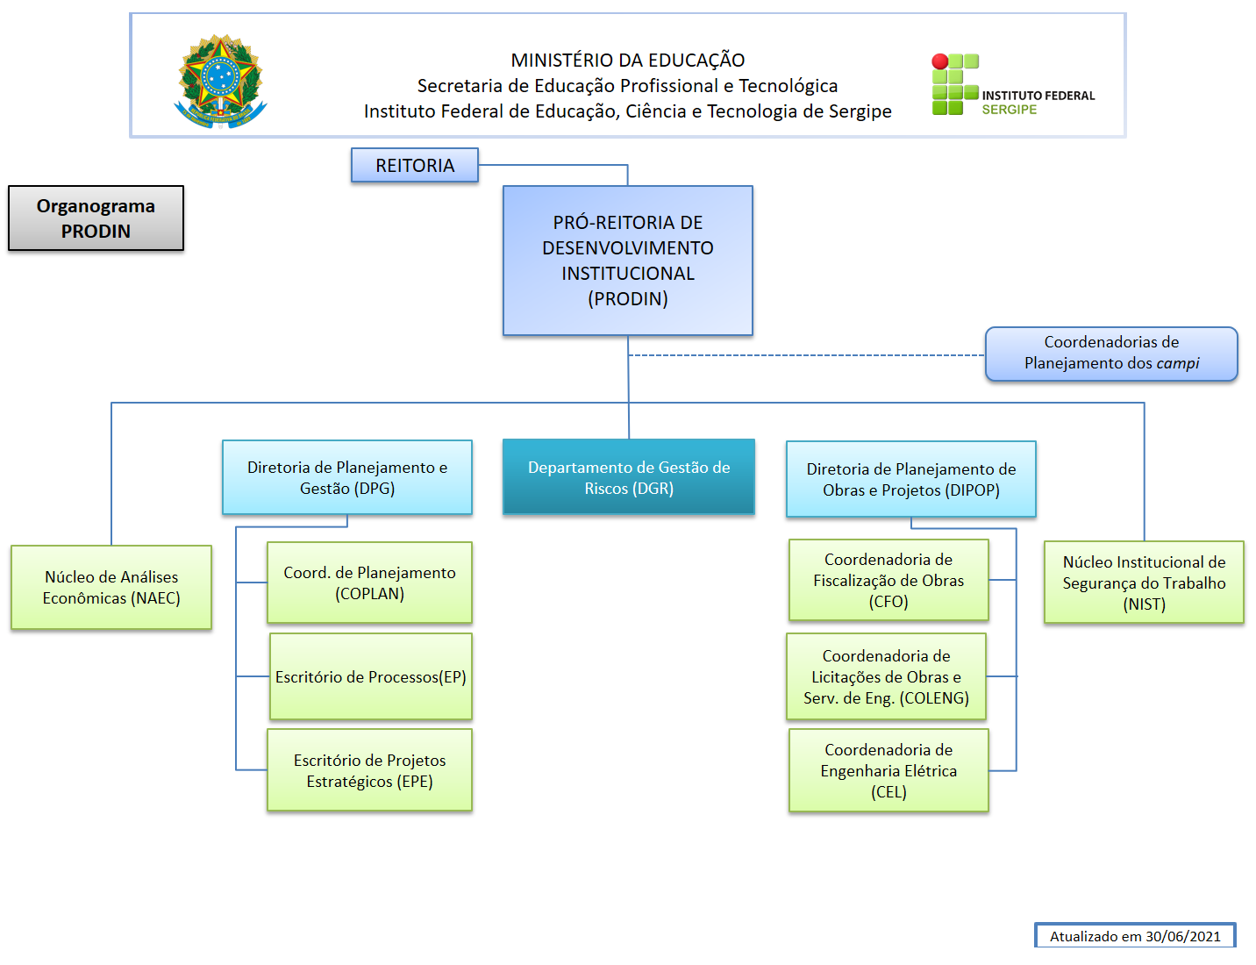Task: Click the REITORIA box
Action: pyautogui.click(x=415, y=165)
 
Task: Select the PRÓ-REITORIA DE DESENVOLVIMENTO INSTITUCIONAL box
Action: pyautogui.click(x=627, y=261)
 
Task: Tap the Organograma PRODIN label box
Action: pyautogui.click(x=96, y=218)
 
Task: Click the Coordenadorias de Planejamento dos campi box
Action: pyautogui.click(x=1111, y=354)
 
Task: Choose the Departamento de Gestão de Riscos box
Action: pyautogui.click(x=628, y=477)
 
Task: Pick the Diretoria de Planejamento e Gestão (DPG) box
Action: pyautogui.click(x=347, y=477)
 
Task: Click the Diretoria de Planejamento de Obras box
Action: pyautogui.click(x=910, y=479)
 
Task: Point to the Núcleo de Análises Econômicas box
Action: pyautogui.click(x=111, y=587)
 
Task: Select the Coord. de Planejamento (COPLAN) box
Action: pyautogui.click(x=369, y=583)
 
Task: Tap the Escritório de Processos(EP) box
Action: pyautogui.click(x=370, y=676)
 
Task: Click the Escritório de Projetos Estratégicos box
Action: pyautogui.click(x=369, y=770)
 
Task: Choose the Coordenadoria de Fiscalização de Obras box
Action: pyautogui.click(x=888, y=580)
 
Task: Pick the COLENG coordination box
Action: pyautogui.click(x=886, y=676)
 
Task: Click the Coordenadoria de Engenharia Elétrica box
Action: pyautogui.click(x=888, y=770)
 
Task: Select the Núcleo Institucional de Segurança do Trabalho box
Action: pyautogui.click(x=1144, y=583)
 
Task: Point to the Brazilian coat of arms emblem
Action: pyautogui.click(x=220, y=81)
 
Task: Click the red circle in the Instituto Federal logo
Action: pyautogui.click(x=939, y=61)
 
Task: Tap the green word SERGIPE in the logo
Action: pyautogui.click(x=1010, y=110)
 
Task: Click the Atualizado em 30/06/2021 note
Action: pyautogui.click(x=1135, y=936)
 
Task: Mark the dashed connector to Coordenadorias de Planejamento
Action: pyautogui.click(x=807, y=355)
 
